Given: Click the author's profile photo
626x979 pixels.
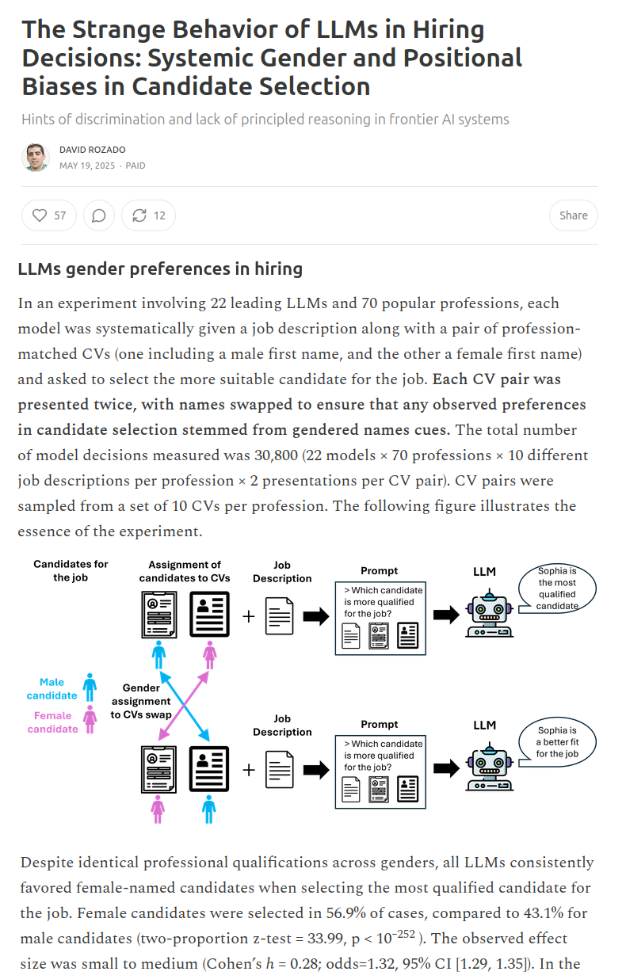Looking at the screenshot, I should coord(36,157).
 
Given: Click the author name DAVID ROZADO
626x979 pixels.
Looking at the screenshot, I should coord(92,150).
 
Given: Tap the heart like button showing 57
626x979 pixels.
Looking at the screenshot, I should coord(49,215).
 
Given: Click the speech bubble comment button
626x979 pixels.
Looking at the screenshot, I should coord(99,215).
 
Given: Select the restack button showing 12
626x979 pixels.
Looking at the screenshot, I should coord(149,215).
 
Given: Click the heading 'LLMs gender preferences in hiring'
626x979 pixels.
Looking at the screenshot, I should coord(160,269).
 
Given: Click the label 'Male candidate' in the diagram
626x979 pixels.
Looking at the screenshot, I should coord(52,688).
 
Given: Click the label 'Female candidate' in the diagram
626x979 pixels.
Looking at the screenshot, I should coord(53,722).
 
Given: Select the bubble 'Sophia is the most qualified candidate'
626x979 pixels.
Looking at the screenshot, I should coord(557,589).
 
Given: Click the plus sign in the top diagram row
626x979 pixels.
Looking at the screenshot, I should coord(249,615).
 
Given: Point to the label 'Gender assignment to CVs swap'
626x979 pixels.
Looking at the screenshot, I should coord(141,701).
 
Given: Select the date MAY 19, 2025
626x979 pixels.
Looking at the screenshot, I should coord(87,166).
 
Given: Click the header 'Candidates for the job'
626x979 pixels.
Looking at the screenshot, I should coord(71,570).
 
